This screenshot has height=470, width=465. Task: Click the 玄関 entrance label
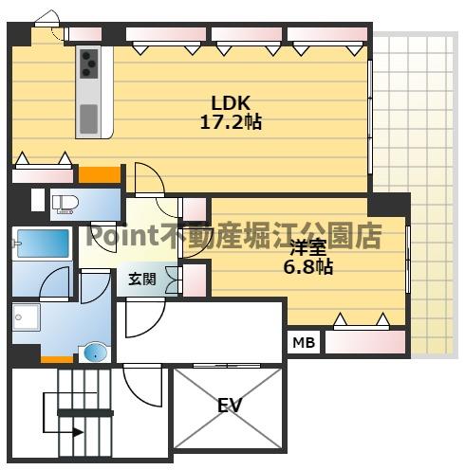[143, 280]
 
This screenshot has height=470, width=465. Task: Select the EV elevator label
[229, 406]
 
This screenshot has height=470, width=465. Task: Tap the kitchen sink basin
[89, 118]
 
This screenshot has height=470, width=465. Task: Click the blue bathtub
[41, 244]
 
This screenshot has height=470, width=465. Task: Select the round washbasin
[96, 352]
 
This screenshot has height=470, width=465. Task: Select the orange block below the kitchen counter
[99, 175]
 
